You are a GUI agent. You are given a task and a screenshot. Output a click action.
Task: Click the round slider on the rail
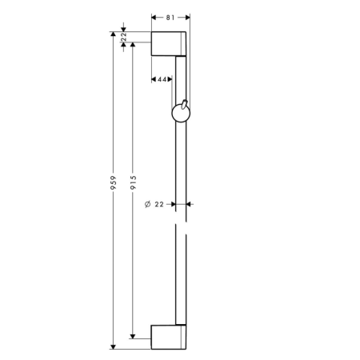coord(179,117)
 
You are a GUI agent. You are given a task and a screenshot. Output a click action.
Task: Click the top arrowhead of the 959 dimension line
coord(113,34)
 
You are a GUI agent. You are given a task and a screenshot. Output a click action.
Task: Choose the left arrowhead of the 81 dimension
coord(154,15)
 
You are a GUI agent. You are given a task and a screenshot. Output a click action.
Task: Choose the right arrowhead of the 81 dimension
coord(188,15)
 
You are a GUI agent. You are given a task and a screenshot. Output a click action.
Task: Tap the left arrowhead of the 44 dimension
coord(154,79)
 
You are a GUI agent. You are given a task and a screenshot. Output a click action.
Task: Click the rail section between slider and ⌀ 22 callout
coord(182,164)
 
